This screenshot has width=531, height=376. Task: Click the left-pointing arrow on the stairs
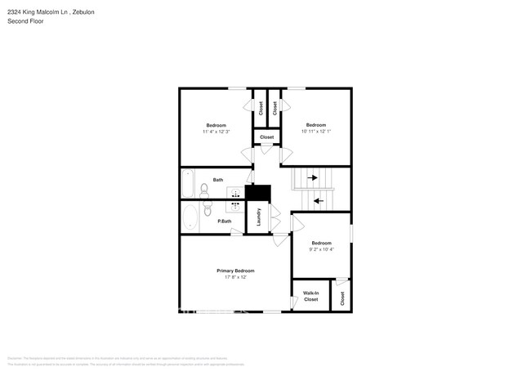tap(319, 199)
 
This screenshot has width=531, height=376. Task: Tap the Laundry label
tap(259, 217)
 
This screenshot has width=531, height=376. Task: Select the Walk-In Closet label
tap(310, 296)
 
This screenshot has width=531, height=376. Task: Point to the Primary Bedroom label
tap(235, 271)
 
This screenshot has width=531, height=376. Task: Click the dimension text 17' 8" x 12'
tap(235, 277)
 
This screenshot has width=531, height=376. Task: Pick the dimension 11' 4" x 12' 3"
tap(216, 132)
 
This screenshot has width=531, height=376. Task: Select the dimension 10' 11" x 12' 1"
tap(315, 132)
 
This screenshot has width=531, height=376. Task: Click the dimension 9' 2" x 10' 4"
tap(321, 249)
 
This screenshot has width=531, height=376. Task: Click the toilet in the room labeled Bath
tap(205, 191)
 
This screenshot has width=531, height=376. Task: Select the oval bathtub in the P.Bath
tap(190, 217)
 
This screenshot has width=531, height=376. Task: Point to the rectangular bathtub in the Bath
tap(188, 184)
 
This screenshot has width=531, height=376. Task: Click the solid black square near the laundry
tap(258, 193)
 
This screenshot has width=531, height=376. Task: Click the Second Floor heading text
tap(25, 21)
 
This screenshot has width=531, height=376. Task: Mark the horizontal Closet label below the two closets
tap(267, 137)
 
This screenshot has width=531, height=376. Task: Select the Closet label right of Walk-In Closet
tap(341, 299)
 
